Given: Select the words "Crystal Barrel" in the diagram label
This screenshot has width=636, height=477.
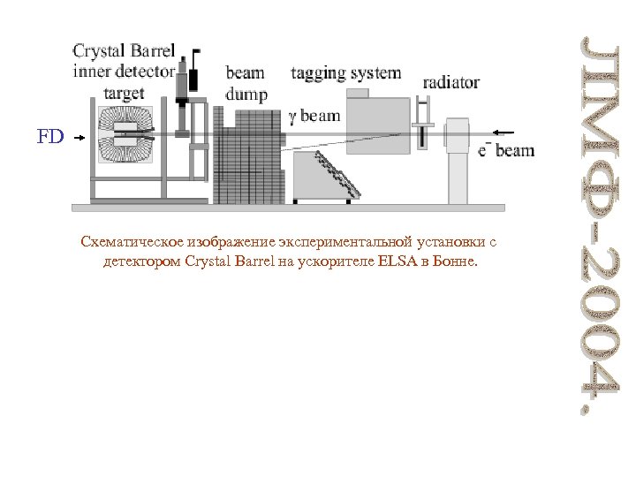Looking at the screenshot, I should pos(124,51).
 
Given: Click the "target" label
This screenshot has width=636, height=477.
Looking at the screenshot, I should pos(124,93).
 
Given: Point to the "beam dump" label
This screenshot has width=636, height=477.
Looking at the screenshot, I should pos(246,81).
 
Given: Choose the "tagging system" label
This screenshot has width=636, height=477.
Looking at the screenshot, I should pos(345,73).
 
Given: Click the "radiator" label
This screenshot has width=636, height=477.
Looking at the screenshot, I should pos(450,82).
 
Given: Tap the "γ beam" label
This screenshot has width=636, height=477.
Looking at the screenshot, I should pos(314,114).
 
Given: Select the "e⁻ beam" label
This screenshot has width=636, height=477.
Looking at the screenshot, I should pos(506,150).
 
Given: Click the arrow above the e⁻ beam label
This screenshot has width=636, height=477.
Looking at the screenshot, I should pos(503,133).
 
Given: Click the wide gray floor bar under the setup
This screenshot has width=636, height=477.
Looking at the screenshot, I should pos(288,208).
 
